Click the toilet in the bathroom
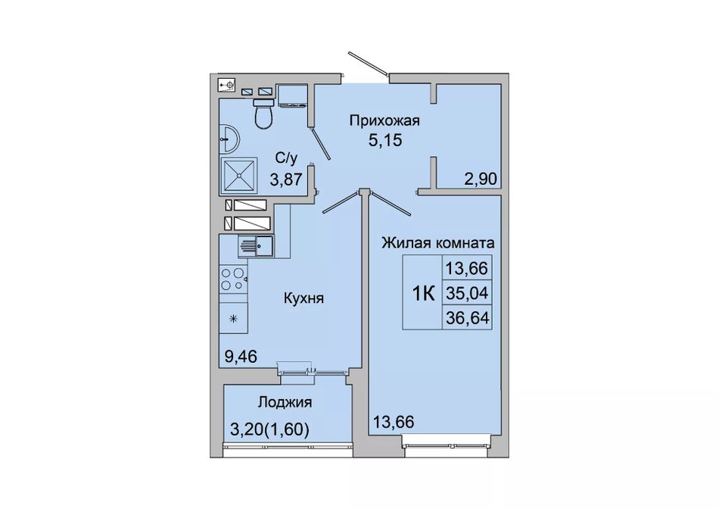[263, 114]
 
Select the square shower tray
[238, 175]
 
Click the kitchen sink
[255, 246]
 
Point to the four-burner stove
[233, 279]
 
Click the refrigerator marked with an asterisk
[233, 317]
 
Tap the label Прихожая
[384, 120]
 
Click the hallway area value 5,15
[385, 140]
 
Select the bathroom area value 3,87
[286, 179]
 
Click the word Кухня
[303, 298]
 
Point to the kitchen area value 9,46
[240, 356]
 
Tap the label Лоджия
[285, 402]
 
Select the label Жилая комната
[438, 242]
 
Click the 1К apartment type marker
[424, 293]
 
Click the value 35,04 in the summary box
[467, 292]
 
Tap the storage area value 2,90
[481, 179]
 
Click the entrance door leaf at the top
[367, 63]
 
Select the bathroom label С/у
[286, 159]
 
